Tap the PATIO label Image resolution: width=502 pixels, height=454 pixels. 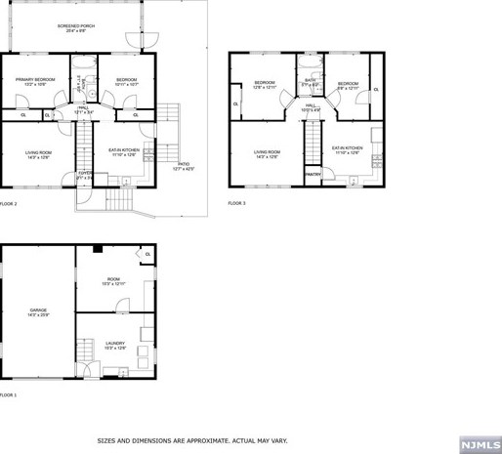[184, 167]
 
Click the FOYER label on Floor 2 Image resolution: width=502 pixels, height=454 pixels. [86, 176]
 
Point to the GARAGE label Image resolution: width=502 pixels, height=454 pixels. [38, 312]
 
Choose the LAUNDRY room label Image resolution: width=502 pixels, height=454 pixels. [114, 345]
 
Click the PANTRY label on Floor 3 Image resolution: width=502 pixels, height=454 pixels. [314, 174]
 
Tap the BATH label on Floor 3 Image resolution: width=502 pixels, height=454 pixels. [310, 82]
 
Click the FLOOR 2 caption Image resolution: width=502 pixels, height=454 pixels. [9, 203]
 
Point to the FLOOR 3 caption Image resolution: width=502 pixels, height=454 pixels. [237, 203]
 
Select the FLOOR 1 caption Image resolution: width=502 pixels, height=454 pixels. [9, 394]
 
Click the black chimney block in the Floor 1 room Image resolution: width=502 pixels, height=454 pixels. [98, 250]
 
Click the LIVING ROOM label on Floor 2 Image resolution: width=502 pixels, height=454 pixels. [38, 153]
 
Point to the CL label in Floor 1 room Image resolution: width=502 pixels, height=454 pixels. [147, 255]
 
